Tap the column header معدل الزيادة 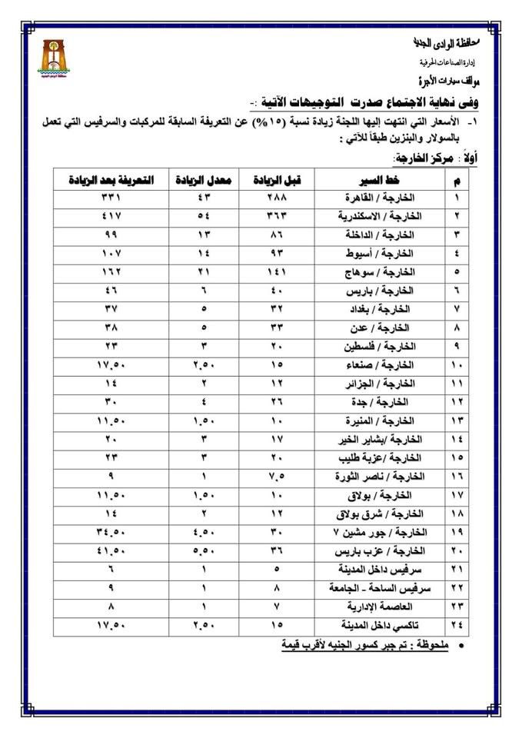click(198, 180)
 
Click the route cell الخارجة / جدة click(387, 402)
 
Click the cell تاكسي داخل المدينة click(377, 623)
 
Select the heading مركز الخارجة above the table click(426, 158)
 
